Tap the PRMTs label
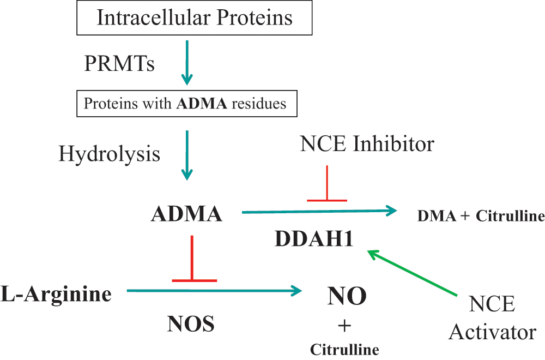[x=119, y=64]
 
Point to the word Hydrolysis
[x=109, y=153]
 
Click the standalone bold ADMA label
[x=186, y=214]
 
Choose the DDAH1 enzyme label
[x=314, y=239]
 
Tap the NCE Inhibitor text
[x=367, y=143]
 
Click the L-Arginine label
[x=56, y=294]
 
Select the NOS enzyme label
[x=191, y=324]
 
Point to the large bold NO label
[x=347, y=296]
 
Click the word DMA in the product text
[x=437, y=216]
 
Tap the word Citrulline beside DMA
[x=510, y=216]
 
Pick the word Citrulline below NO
[x=344, y=350]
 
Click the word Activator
[x=493, y=332]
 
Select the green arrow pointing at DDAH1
[x=413, y=273]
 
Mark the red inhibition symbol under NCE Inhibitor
[x=327, y=200]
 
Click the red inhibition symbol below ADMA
[x=192, y=280]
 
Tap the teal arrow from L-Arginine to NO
[x=214, y=290]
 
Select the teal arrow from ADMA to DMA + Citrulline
[x=319, y=211]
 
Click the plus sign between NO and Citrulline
[x=344, y=326]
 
